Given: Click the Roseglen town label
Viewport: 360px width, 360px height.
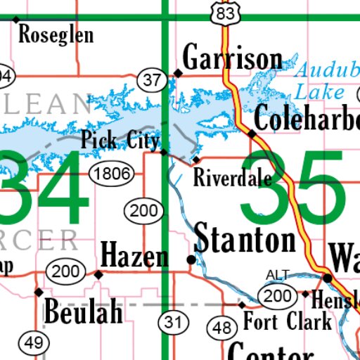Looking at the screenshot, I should pyautogui.click(x=56, y=34).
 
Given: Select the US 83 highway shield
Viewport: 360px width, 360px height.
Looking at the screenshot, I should pyautogui.click(x=225, y=13).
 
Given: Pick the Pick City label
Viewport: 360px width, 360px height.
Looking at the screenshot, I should pyautogui.click(x=120, y=140).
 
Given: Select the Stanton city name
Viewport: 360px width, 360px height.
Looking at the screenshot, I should pyautogui.click(x=245, y=240).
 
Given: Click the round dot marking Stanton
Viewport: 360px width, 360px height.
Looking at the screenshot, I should pyautogui.click(x=191, y=260).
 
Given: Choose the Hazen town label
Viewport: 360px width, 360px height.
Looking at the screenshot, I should pyautogui.click(x=135, y=255).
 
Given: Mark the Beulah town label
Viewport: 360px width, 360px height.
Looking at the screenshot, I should pyautogui.click(x=83, y=311).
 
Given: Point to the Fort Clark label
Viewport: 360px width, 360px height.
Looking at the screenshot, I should pyautogui.click(x=287, y=322).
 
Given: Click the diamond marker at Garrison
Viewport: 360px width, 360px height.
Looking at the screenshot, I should pyautogui.click(x=178, y=72).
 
